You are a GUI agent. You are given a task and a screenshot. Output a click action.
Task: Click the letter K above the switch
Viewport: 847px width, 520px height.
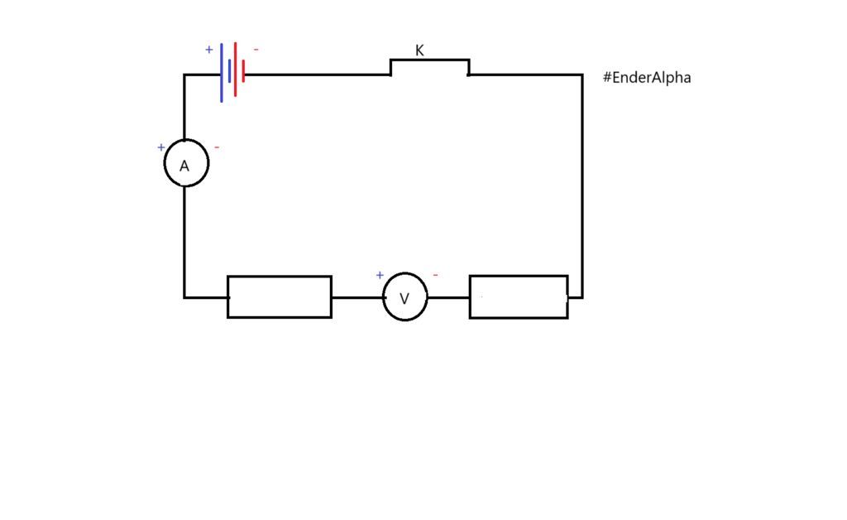pyautogui.click(x=419, y=51)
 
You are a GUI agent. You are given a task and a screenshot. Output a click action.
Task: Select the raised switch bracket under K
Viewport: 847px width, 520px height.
pyautogui.click(x=429, y=60)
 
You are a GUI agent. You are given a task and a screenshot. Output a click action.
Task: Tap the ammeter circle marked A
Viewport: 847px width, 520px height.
pyautogui.click(x=186, y=163)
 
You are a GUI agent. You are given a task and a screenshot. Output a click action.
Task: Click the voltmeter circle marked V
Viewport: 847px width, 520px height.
pyautogui.click(x=404, y=297)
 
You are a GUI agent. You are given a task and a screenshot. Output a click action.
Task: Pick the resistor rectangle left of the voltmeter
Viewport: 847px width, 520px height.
pyautogui.click(x=280, y=296)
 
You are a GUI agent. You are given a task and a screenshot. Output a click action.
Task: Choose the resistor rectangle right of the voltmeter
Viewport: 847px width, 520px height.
pyautogui.click(x=519, y=296)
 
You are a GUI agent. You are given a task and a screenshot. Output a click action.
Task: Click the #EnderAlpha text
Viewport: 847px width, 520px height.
pyautogui.click(x=647, y=78)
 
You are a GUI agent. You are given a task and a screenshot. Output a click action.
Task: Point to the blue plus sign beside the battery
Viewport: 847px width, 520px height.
pyautogui.click(x=209, y=50)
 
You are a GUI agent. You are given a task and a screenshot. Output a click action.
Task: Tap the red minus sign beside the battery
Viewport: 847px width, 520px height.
pyautogui.click(x=256, y=50)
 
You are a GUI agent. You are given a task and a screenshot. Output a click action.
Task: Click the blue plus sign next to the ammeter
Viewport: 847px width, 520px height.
pyautogui.click(x=161, y=147)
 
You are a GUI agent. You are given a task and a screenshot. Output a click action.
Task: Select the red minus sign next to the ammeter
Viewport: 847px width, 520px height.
pyautogui.click(x=217, y=147)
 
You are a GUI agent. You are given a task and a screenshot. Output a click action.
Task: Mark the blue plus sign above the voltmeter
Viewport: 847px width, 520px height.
pyautogui.click(x=380, y=275)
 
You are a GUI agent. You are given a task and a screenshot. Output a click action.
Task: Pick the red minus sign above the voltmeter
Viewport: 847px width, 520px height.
pyautogui.click(x=435, y=275)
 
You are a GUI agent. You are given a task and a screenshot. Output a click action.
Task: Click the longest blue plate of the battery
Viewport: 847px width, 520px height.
pyautogui.click(x=222, y=73)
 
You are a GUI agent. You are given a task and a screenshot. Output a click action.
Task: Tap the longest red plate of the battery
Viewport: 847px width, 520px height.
pyautogui.click(x=235, y=70)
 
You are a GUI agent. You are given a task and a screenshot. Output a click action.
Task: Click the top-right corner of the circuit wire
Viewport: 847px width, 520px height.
pyautogui.click(x=581, y=75)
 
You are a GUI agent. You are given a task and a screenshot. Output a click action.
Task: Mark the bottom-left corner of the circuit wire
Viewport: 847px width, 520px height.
pyautogui.click(x=184, y=296)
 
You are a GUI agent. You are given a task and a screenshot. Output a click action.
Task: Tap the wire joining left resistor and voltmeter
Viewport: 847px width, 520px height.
pyautogui.click(x=357, y=296)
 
